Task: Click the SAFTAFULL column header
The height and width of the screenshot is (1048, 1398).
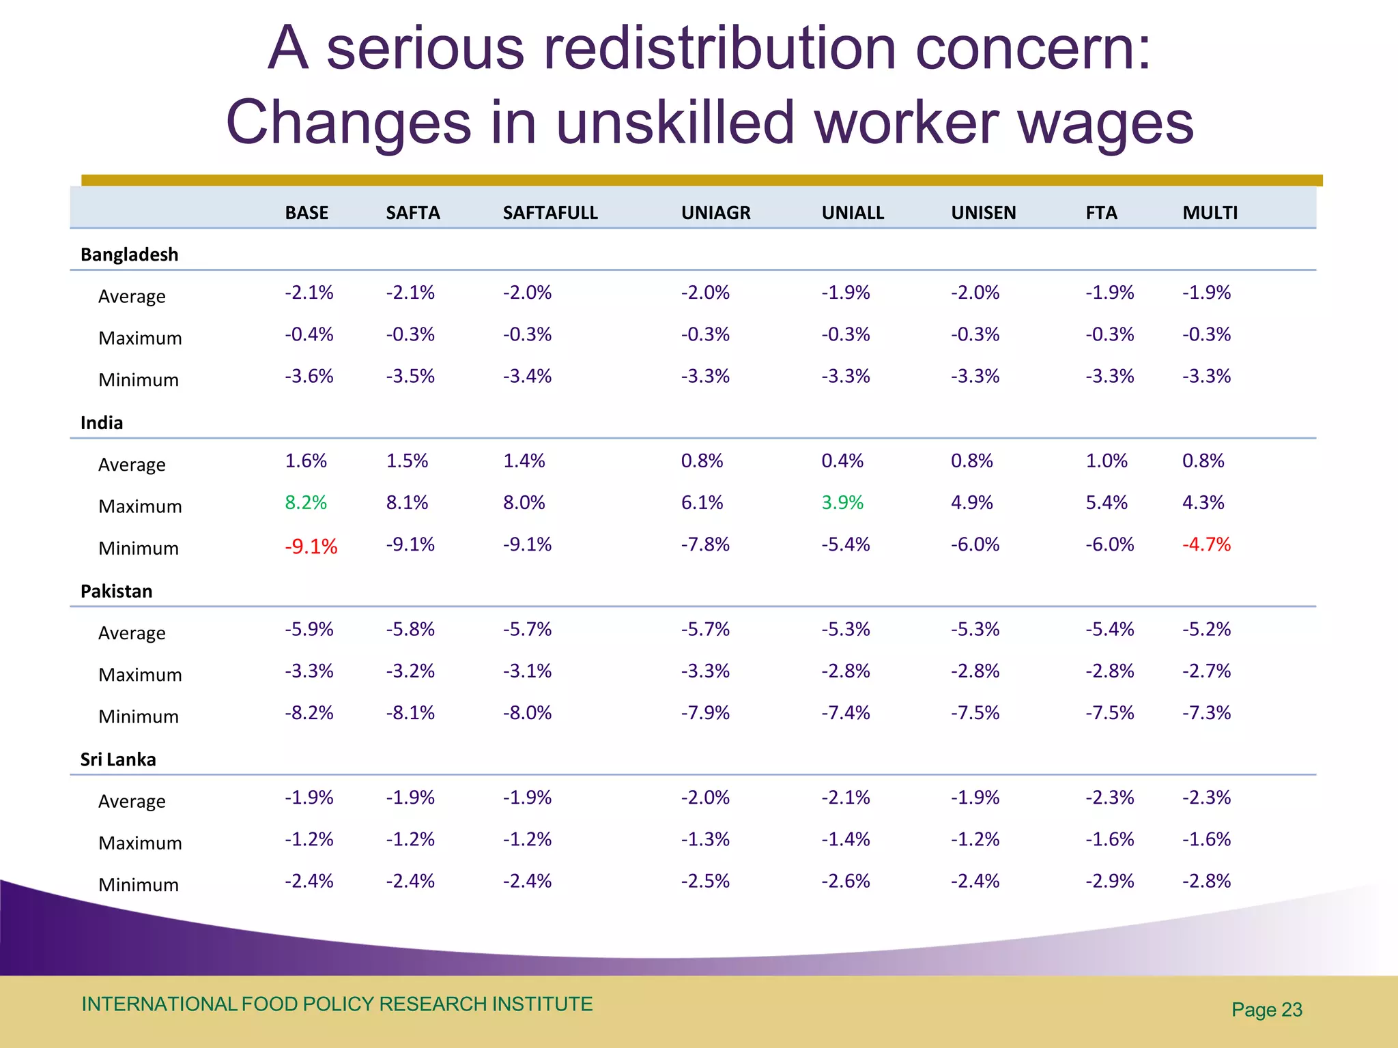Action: pos(550,213)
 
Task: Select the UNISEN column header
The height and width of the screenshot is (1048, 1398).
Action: pos(983,213)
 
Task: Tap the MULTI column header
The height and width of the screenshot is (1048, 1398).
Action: pos(1210,213)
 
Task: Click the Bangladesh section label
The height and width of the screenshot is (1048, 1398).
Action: pos(129,254)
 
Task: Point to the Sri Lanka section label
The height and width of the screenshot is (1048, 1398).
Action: pos(118,759)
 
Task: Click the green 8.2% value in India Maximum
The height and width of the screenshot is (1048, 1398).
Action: pos(306,503)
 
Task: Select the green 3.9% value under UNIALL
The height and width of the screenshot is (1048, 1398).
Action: pos(842,503)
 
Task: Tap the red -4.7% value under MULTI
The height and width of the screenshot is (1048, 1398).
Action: pos(1206,544)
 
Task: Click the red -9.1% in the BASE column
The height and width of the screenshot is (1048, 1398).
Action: pos(311,547)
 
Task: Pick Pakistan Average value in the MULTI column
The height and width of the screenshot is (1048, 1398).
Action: pos(1206,629)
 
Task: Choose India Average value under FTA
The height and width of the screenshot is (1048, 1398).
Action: pos(1107,461)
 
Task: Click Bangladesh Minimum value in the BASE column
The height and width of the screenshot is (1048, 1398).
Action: pos(309,377)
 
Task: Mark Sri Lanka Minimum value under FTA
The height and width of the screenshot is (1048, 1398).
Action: pos(1110,882)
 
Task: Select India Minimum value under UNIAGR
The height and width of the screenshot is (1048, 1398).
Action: pos(705,544)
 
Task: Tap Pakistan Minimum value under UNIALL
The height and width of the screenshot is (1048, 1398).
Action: pos(846,713)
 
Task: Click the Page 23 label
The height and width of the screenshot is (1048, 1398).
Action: pos(1267,1010)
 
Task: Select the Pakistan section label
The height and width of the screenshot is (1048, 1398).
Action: pos(117,592)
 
